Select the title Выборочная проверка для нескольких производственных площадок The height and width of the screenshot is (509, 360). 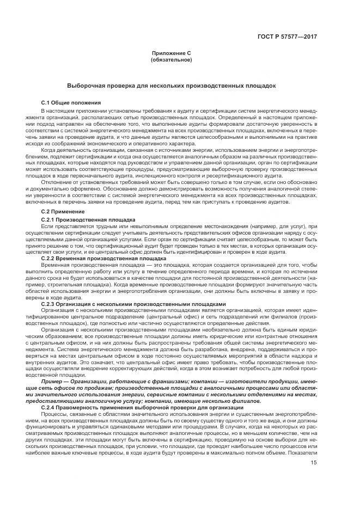point(171,86)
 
